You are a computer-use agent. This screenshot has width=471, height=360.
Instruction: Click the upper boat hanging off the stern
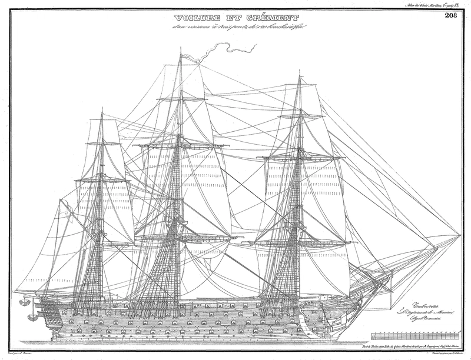pyautogui.click(x=25, y=302)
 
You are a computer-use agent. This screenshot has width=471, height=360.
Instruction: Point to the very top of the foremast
pyautogui.click(x=300, y=72)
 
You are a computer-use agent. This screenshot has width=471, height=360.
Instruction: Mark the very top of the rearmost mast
pyautogui.click(x=102, y=108)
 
